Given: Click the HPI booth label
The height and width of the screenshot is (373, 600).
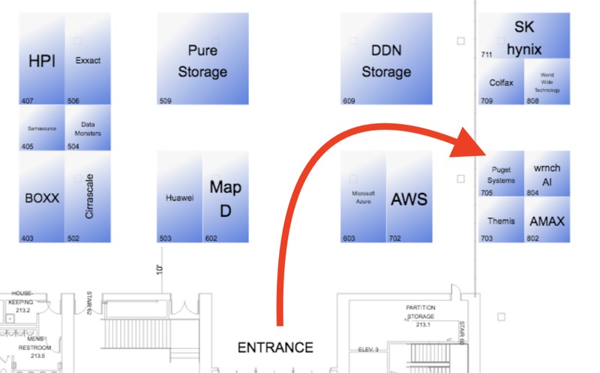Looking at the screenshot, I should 42,61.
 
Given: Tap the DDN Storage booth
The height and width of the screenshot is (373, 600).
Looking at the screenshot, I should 386,61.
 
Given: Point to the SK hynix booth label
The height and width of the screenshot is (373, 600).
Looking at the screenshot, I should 523,38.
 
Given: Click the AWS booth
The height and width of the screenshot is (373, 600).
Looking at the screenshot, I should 409,199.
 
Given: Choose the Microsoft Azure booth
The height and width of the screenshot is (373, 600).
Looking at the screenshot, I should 363,197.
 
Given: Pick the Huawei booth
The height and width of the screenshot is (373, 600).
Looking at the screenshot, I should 179,198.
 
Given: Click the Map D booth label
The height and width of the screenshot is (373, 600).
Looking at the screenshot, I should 225,198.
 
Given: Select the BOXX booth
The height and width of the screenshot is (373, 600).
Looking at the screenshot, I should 42,199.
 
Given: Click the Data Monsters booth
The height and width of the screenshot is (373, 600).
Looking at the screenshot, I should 88,128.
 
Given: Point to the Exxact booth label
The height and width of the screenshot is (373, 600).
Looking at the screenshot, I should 88,61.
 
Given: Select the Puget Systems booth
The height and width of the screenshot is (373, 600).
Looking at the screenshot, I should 501,175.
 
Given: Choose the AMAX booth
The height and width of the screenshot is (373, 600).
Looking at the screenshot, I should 547,221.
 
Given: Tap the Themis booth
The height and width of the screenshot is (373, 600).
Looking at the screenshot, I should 501,221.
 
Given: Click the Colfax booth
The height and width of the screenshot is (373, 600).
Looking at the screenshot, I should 501,83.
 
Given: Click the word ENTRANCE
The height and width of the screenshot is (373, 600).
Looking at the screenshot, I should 275,347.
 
